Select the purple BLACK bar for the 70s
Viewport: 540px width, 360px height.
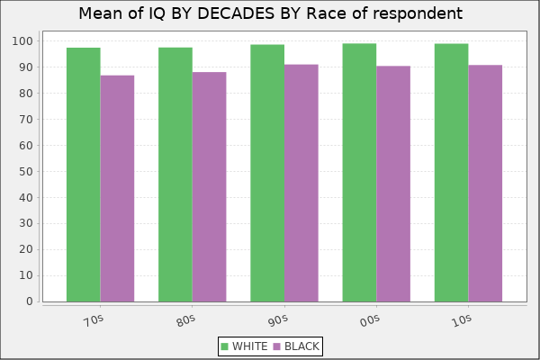pos(117,188)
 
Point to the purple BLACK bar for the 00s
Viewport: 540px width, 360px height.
pos(393,184)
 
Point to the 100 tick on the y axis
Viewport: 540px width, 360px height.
pos(23,41)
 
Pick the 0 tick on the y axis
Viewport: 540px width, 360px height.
pos(31,301)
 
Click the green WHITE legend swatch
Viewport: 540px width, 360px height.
pos(224,346)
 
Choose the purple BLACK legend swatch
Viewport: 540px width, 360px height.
pos(277,346)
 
